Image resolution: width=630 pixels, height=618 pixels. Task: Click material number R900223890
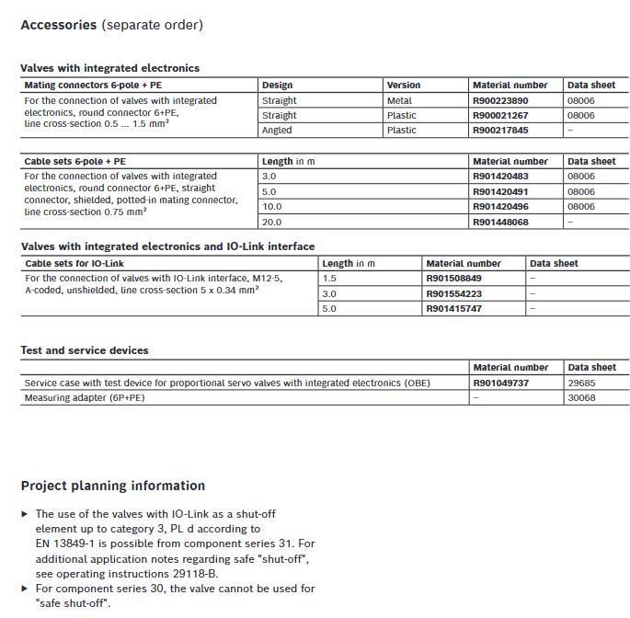coord(500,100)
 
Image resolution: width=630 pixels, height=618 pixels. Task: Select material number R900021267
coord(500,115)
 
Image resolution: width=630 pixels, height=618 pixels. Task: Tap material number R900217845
coord(500,130)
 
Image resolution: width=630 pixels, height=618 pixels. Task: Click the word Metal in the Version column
coord(399,100)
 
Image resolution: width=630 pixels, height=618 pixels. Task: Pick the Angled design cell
coord(278,130)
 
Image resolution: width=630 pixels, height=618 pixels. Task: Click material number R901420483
coord(500,176)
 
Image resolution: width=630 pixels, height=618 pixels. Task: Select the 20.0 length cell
coord(271,222)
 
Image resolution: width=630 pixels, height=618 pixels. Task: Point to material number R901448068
coord(500,222)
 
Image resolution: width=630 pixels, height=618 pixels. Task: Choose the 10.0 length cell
coord(271,207)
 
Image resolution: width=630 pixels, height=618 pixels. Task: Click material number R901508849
coord(453,278)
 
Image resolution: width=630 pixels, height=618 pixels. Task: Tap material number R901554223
coord(453,293)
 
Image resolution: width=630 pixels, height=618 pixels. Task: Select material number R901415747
coord(453,308)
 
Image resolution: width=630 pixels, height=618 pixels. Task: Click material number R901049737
coord(500,383)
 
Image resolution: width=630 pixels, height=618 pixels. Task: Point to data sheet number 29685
coord(581,383)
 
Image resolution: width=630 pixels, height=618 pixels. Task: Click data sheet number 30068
coord(581,397)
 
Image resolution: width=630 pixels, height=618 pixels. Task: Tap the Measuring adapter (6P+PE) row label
coord(85,397)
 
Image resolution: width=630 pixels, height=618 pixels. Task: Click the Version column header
coord(403,86)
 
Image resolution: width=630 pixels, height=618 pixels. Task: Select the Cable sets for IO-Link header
coord(74,263)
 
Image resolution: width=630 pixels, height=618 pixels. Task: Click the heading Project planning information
coord(112,486)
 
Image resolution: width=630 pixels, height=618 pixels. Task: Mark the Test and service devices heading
coord(85,350)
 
